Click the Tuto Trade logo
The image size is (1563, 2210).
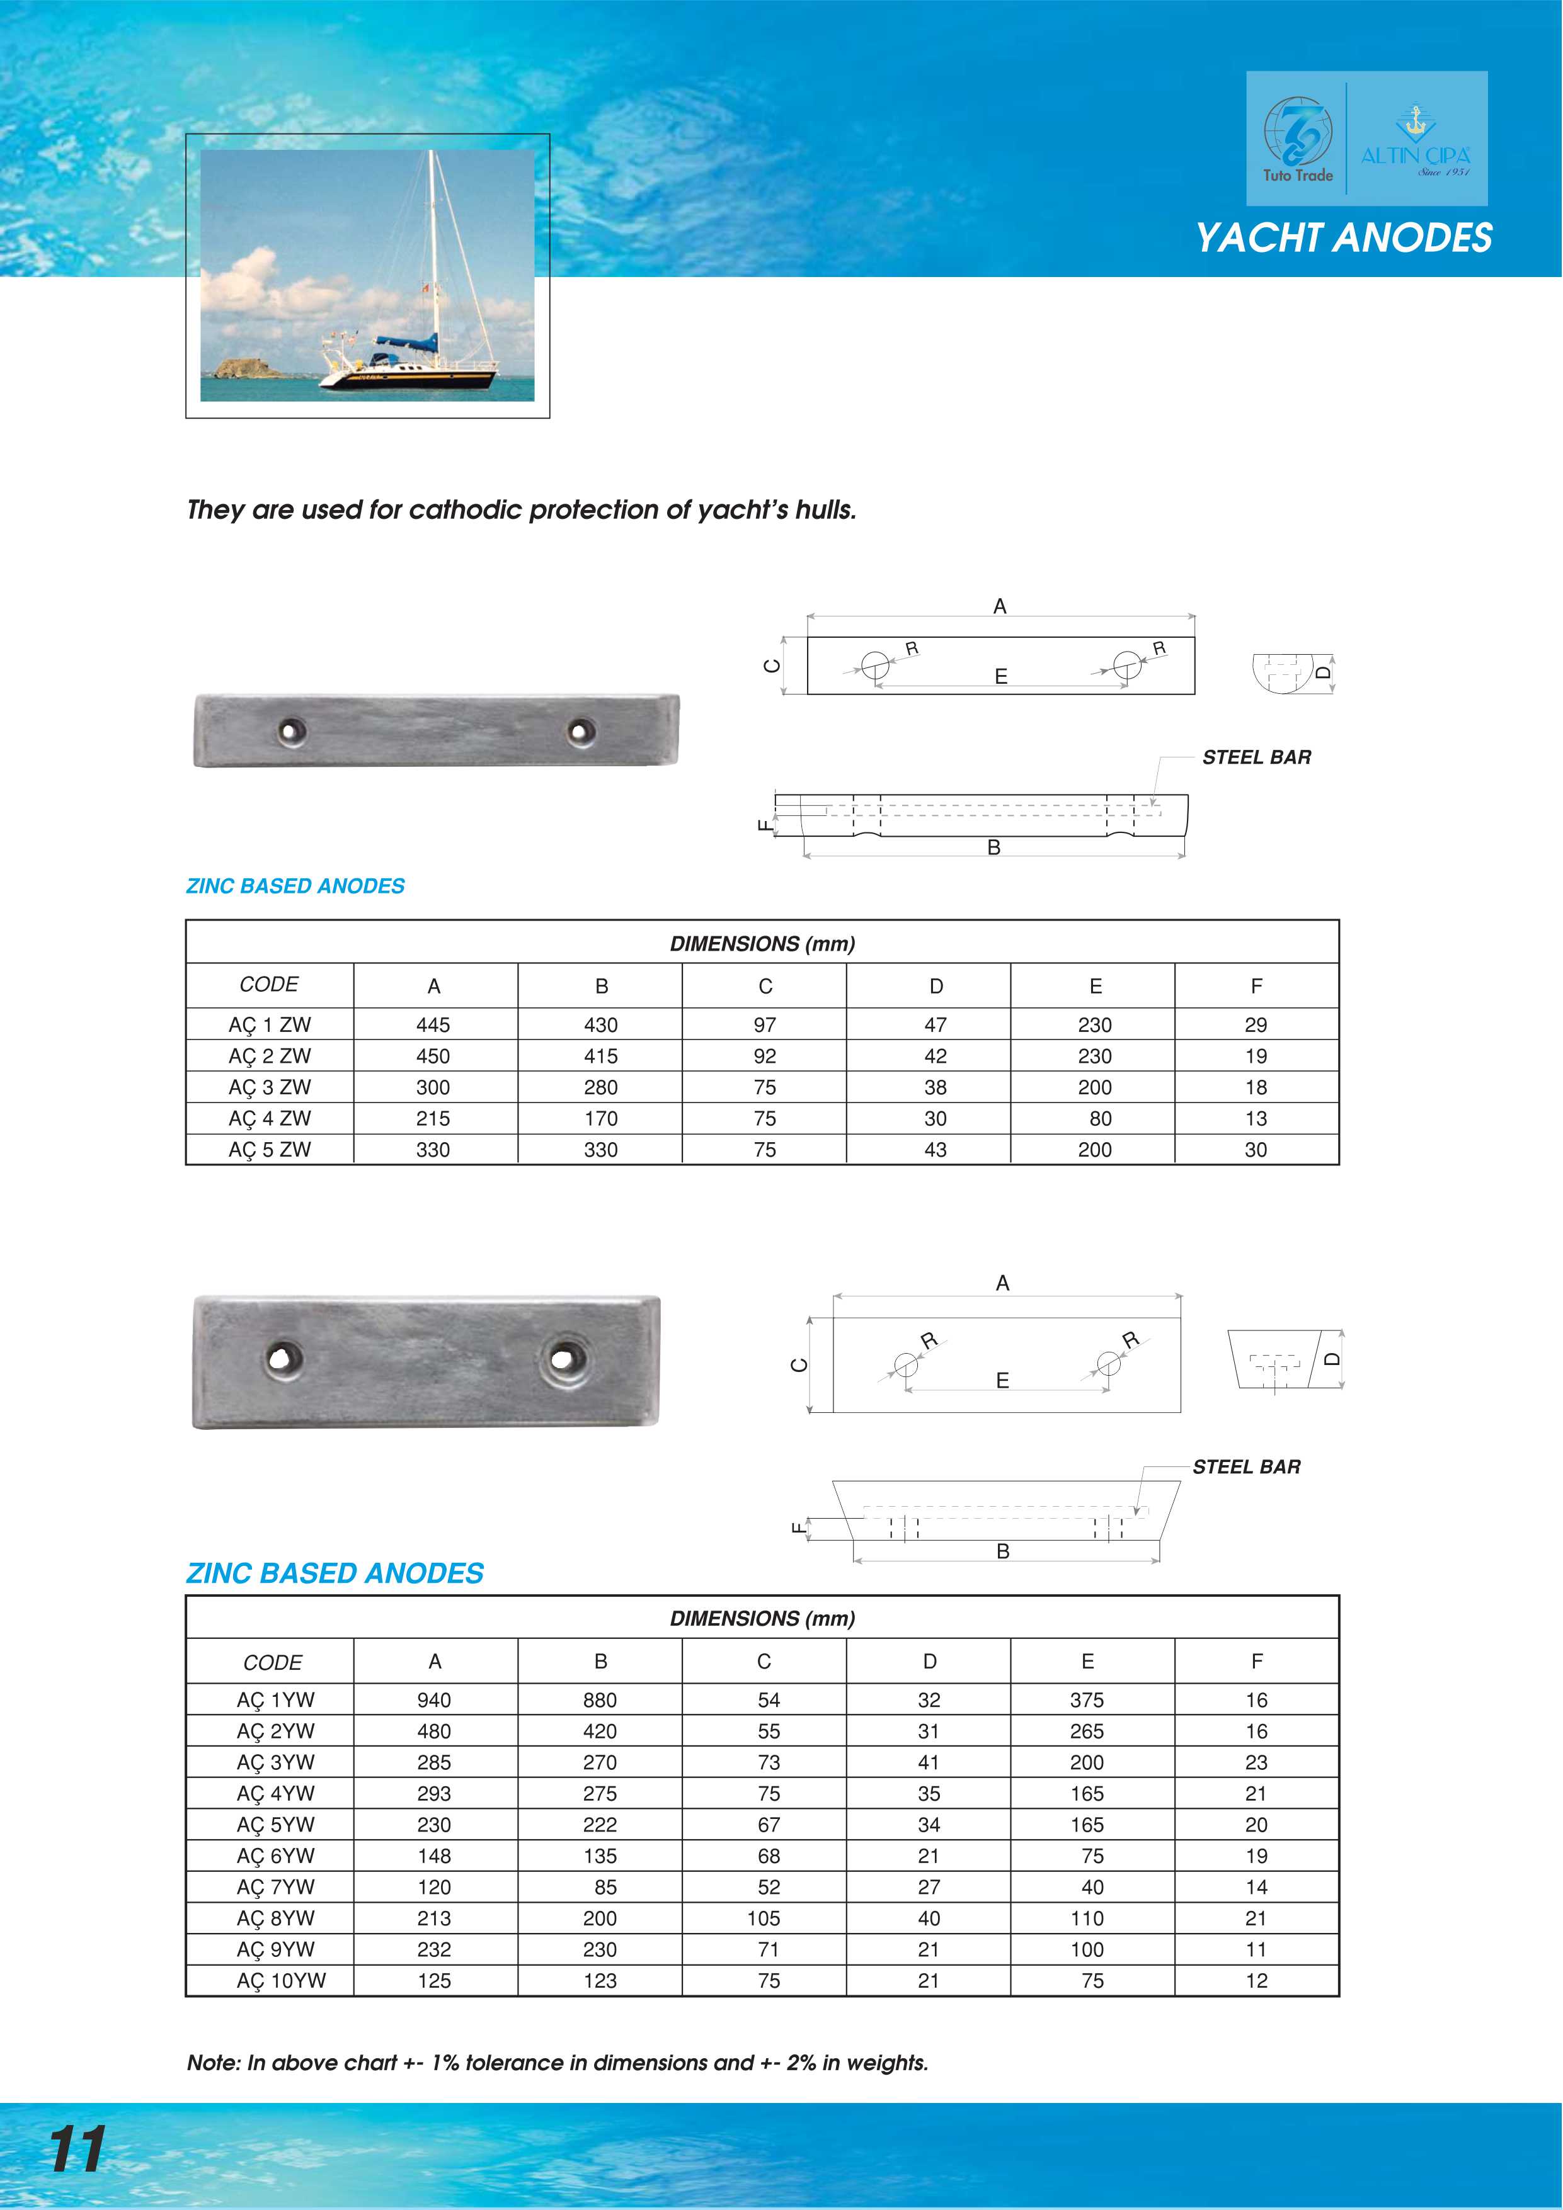(1297, 140)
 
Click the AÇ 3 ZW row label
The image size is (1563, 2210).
(270, 1087)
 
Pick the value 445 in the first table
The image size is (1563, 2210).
(433, 1025)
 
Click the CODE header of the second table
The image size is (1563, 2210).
(273, 1662)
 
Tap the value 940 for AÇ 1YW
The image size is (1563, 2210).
(434, 1700)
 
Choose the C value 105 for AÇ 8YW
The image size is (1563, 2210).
(764, 1918)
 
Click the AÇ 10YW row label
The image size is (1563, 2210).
(281, 1981)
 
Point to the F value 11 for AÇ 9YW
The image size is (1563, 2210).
(1256, 1949)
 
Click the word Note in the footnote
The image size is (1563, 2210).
(212, 2063)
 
